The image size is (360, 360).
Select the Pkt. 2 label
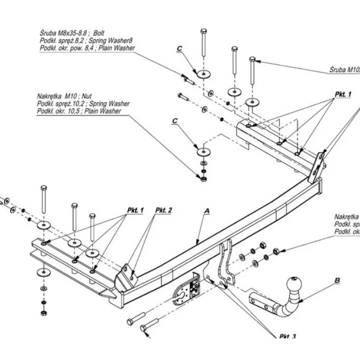point(164,210)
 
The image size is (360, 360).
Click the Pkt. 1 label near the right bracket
point(342,94)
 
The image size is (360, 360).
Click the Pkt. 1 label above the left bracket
point(135,210)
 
